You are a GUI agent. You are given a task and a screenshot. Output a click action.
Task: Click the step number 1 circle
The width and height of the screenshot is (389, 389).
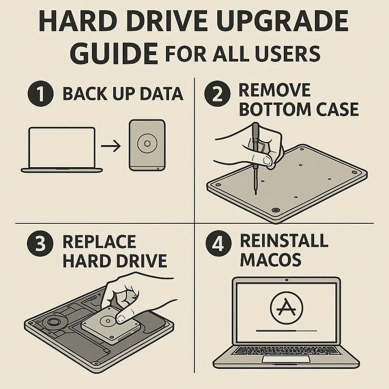(x=40, y=94)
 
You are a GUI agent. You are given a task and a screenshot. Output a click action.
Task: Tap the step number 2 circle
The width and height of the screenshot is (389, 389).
(x=217, y=94)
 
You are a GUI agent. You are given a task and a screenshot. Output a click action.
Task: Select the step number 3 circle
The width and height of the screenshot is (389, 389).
(x=40, y=244)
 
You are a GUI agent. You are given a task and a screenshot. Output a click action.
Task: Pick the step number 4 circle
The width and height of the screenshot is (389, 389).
(x=218, y=244)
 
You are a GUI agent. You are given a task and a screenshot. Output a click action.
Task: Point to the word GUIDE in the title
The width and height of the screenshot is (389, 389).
(x=114, y=53)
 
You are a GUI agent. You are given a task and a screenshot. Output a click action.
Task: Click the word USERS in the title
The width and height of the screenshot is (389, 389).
(x=288, y=54)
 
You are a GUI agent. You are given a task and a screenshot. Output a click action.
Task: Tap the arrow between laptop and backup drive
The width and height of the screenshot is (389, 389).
(x=111, y=146)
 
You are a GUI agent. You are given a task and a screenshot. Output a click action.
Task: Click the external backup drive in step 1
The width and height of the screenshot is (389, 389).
(x=147, y=145)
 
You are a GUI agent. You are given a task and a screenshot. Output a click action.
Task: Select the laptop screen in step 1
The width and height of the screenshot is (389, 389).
(x=62, y=148)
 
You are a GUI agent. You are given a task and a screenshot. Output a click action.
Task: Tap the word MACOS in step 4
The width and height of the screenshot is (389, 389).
(x=270, y=260)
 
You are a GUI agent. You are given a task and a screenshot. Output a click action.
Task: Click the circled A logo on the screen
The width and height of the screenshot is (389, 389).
(x=286, y=308)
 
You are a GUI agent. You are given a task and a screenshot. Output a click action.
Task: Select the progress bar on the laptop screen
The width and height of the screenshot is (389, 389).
(x=286, y=331)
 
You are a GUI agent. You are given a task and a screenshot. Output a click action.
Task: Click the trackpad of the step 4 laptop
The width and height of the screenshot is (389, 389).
(x=286, y=359)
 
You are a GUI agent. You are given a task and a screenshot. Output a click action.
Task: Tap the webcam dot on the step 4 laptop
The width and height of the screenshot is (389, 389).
(x=287, y=280)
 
